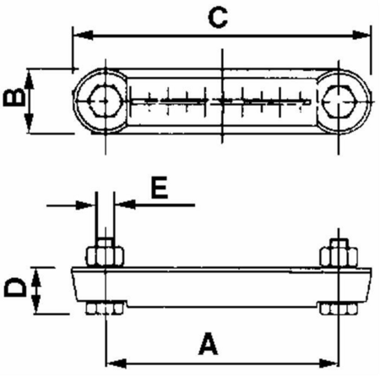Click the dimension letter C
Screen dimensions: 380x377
click(218, 18)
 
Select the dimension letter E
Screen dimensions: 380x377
click(160, 188)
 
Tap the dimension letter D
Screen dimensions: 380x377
click(15, 287)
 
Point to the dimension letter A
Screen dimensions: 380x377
click(209, 344)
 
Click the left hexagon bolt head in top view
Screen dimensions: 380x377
click(105, 100)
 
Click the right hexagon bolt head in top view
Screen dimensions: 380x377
click(340, 101)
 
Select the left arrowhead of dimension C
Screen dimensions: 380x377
click(83, 36)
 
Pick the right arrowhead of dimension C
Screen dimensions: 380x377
click(361, 36)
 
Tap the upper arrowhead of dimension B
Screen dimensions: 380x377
click(29, 79)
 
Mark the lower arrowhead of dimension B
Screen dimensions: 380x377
click(29, 123)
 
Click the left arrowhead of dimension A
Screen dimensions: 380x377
click(116, 363)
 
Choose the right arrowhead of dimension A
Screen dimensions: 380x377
click(328, 363)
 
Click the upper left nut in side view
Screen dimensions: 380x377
click(106, 256)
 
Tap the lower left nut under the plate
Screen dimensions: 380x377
click(105, 309)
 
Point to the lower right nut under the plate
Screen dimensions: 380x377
click(339, 309)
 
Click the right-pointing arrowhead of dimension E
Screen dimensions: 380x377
click(85, 205)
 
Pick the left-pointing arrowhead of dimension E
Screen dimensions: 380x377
click(125, 205)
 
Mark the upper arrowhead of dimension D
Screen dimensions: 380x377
click(36, 276)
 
